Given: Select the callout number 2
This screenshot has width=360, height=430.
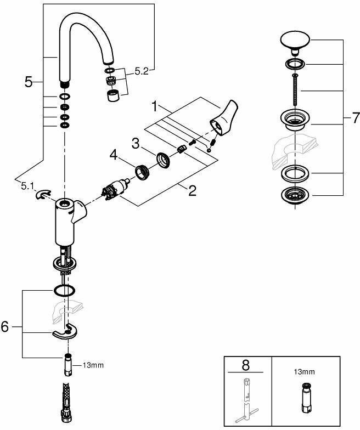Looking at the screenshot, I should (192, 191).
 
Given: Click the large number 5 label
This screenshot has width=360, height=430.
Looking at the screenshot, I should (29, 82).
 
